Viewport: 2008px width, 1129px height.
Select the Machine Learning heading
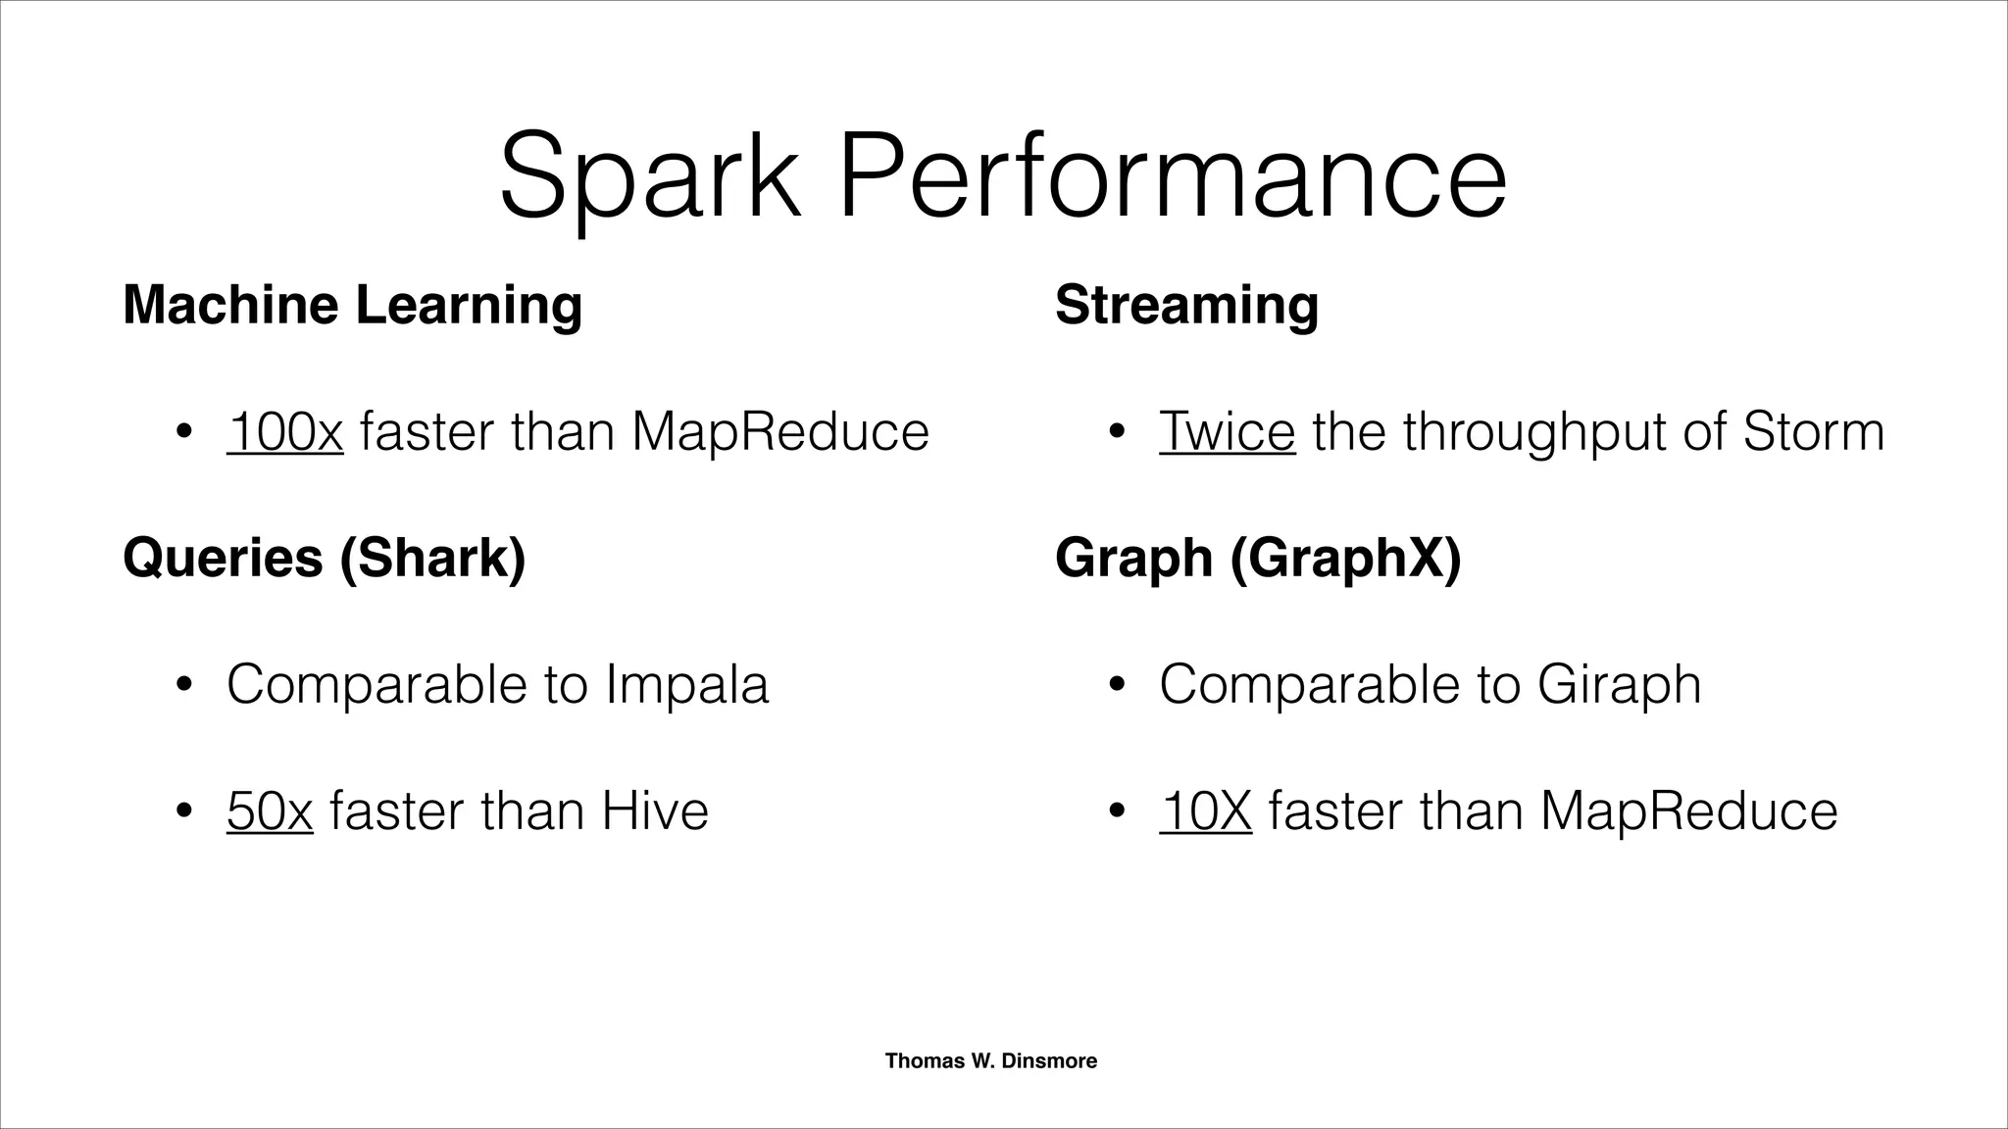[x=353, y=305]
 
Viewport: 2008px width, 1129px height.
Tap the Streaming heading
[x=1186, y=305]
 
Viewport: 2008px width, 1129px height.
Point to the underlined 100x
[x=284, y=431]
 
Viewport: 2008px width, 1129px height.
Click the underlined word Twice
[x=1227, y=431]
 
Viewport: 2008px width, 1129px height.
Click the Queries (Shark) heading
[x=325, y=558]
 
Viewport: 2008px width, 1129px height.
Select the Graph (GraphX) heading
[x=1258, y=558]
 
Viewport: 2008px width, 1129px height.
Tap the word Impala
[x=686, y=684]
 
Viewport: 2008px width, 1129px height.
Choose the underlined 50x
[x=270, y=810]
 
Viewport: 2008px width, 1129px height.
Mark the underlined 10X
[x=1205, y=810]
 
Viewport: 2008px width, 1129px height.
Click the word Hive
[x=654, y=810]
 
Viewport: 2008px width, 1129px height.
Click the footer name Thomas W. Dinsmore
[x=990, y=1060]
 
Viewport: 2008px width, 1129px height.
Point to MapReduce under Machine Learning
[x=780, y=431]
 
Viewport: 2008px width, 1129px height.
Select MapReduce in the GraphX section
[x=1688, y=810]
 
